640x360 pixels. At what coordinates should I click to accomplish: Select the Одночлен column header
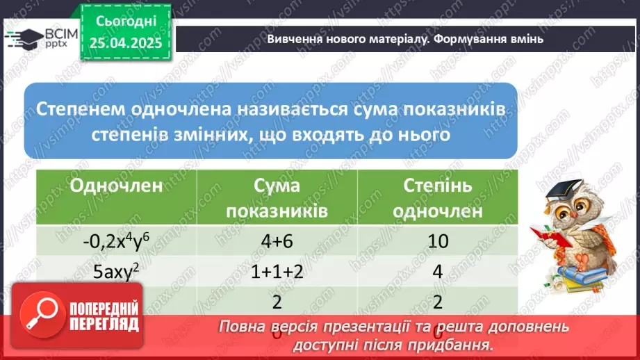tap(117, 186)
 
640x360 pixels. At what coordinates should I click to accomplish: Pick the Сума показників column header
tap(277, 197)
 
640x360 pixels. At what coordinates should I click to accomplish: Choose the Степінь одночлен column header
tap(438, 197)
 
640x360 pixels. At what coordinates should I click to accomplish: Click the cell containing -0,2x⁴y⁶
tap(116, 242)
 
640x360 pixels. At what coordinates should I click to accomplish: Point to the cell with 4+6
tap(277, 242)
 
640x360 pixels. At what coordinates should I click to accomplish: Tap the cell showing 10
tap(438, 242)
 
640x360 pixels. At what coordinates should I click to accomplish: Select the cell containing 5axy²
tap(116, 272)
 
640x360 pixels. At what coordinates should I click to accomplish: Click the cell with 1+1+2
tap(277, 272)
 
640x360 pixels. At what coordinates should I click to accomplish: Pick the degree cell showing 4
tap(438, 272)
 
